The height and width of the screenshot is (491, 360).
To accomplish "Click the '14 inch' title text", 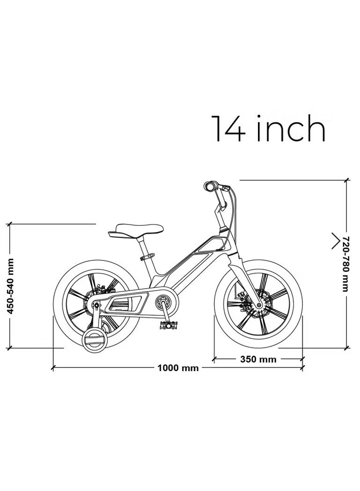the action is click(x=268, y=128).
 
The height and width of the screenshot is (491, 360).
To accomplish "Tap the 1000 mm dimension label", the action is click(x=178, y=368).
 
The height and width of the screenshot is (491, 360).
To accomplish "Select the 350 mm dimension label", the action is click(x=258, y=359).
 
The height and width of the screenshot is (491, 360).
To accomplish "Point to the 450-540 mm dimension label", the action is click(x=10, y=286).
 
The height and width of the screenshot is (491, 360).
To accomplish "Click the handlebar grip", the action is click(x=210, y=186).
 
